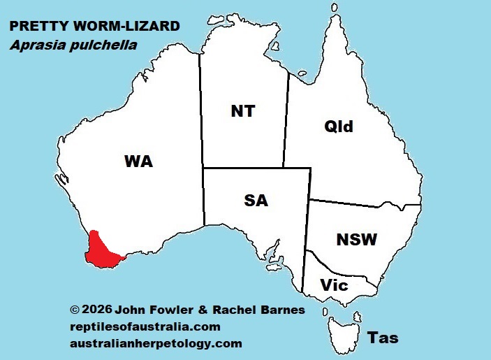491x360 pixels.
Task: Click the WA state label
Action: (x=138, y=161)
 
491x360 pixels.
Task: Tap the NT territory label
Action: (x=242, y=111)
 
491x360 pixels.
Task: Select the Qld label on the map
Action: (x=339, y=127)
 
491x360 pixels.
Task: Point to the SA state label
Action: (x=256, y=201)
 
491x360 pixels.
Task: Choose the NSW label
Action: (x=356, y=240)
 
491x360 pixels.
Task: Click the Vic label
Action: (x=335, y=285)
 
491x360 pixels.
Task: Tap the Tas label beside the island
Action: (x=383, y=338)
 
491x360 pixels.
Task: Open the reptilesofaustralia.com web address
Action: (x=145, y=326)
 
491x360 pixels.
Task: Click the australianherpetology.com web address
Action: (x=156, y=343)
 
